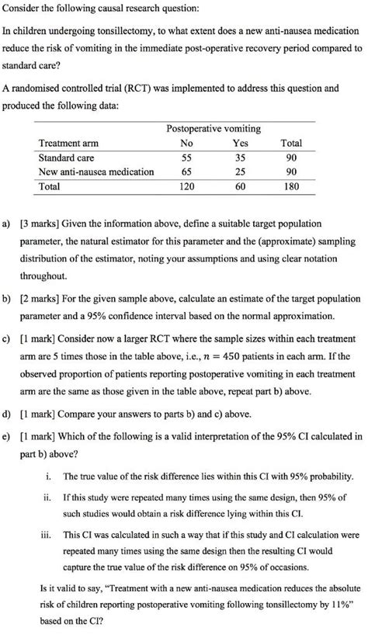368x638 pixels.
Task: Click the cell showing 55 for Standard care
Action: pyautogui.click(x=186, y=158)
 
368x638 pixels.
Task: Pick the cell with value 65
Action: pyautogui.click(x=186, y=172)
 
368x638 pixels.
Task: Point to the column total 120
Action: pyautogui.click(x=186, y=187)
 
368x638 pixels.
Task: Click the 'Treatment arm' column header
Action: pyautogui.click(x=68, y=144)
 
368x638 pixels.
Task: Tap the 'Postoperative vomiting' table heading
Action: pyautogui.click(x=214, y=128)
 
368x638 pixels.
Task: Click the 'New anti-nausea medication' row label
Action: pyautogui.click(x=96, y=172)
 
